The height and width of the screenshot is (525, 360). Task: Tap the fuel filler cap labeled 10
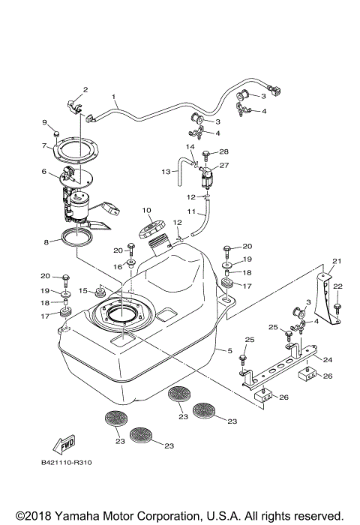pyautogui.click(x=149, y=226)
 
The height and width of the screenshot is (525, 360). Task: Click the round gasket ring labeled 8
pyautogui.click(x=77, y=239)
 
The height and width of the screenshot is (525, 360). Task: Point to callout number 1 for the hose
pyautogui.click(x=114, y=97)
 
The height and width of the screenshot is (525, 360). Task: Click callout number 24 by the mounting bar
pyautogui.click(x=327, y=359)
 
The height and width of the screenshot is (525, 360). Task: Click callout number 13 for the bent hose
pyautogui.click(x=166, y=172)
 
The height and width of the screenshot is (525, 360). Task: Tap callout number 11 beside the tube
pyautogui.click(x=191, y=213)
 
